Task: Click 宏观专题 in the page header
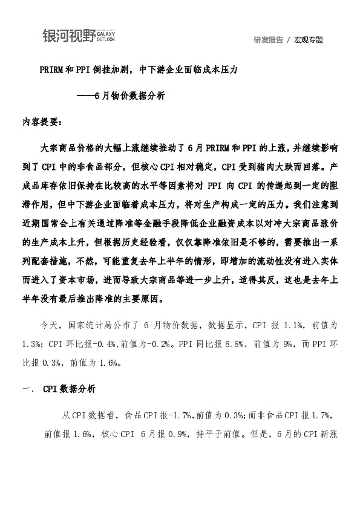tap(309, 40)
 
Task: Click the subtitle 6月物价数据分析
tap(130, 96)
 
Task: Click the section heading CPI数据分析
tap(68, 389)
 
